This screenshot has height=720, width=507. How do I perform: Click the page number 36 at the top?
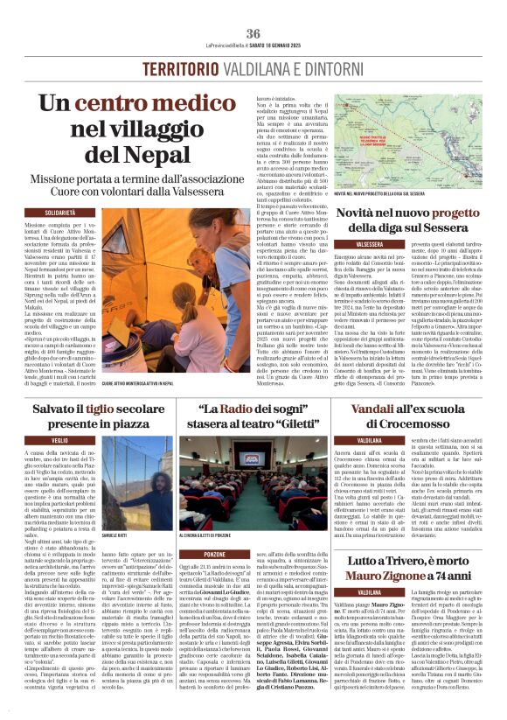[253, 33]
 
